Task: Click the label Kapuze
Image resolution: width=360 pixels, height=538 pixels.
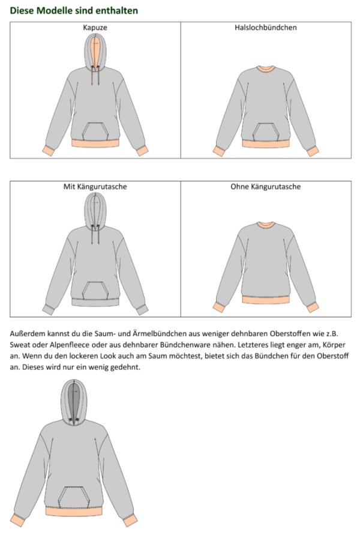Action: pos(95,28)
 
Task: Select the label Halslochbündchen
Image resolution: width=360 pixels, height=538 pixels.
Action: pos(266,28)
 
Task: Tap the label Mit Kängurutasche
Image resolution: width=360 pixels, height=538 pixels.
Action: pos(95,187)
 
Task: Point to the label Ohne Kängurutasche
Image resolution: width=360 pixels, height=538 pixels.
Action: pos(266,187)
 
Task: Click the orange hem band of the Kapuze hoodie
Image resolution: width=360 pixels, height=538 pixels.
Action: pos(95,143)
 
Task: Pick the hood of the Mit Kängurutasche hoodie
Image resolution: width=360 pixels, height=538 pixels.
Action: pos(95,210)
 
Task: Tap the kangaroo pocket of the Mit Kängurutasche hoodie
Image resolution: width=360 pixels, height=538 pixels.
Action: pos(95,290)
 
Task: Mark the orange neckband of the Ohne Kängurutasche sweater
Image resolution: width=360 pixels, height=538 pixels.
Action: pos(266,226)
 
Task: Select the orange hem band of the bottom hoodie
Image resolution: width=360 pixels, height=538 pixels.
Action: pos(75,509)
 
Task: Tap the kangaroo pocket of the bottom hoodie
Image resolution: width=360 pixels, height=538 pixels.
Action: pos(75,496)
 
